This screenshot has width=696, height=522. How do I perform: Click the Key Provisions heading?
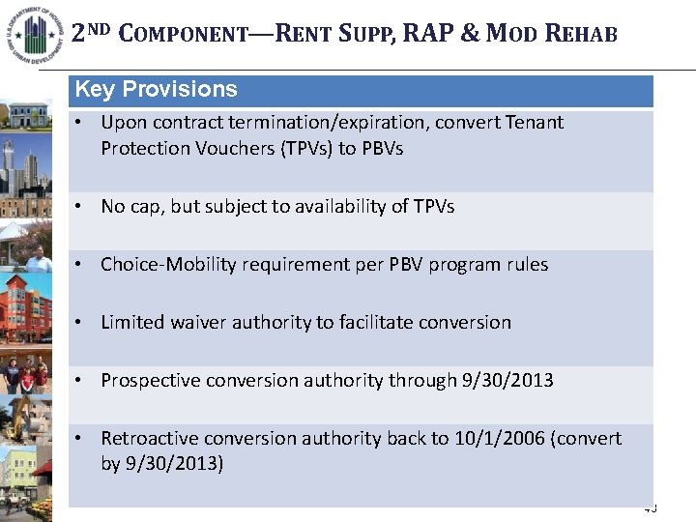(156, 90)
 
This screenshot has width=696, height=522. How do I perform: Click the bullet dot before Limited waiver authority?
(85, 323)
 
